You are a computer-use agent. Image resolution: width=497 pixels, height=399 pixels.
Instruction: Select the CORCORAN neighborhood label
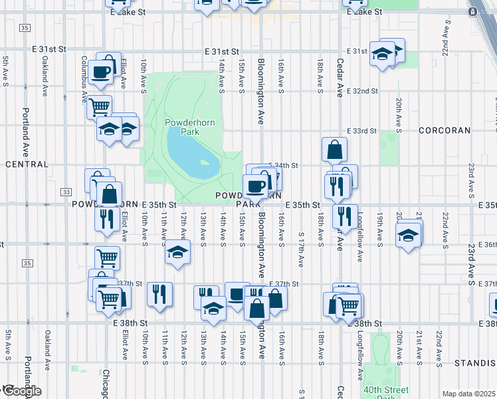(x=445, y=131)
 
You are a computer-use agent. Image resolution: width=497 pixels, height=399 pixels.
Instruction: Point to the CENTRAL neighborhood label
(x=27, y=164)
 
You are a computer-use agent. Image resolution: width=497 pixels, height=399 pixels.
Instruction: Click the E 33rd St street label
(x=361, y=132)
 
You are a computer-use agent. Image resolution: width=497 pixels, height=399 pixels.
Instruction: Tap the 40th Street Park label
(x=381, y=392)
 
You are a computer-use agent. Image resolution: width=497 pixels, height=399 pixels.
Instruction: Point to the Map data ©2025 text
(x=469, y=394)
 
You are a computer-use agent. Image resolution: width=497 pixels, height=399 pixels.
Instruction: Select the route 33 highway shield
(x=66, y=192)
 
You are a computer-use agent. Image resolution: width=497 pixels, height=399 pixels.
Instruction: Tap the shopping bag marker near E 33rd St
(x=334, y=150)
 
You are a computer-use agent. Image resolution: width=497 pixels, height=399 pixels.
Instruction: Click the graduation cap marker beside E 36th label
(x=408, y=235)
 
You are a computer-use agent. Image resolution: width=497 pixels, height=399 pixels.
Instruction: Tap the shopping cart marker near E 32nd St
(x=99, y=106)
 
